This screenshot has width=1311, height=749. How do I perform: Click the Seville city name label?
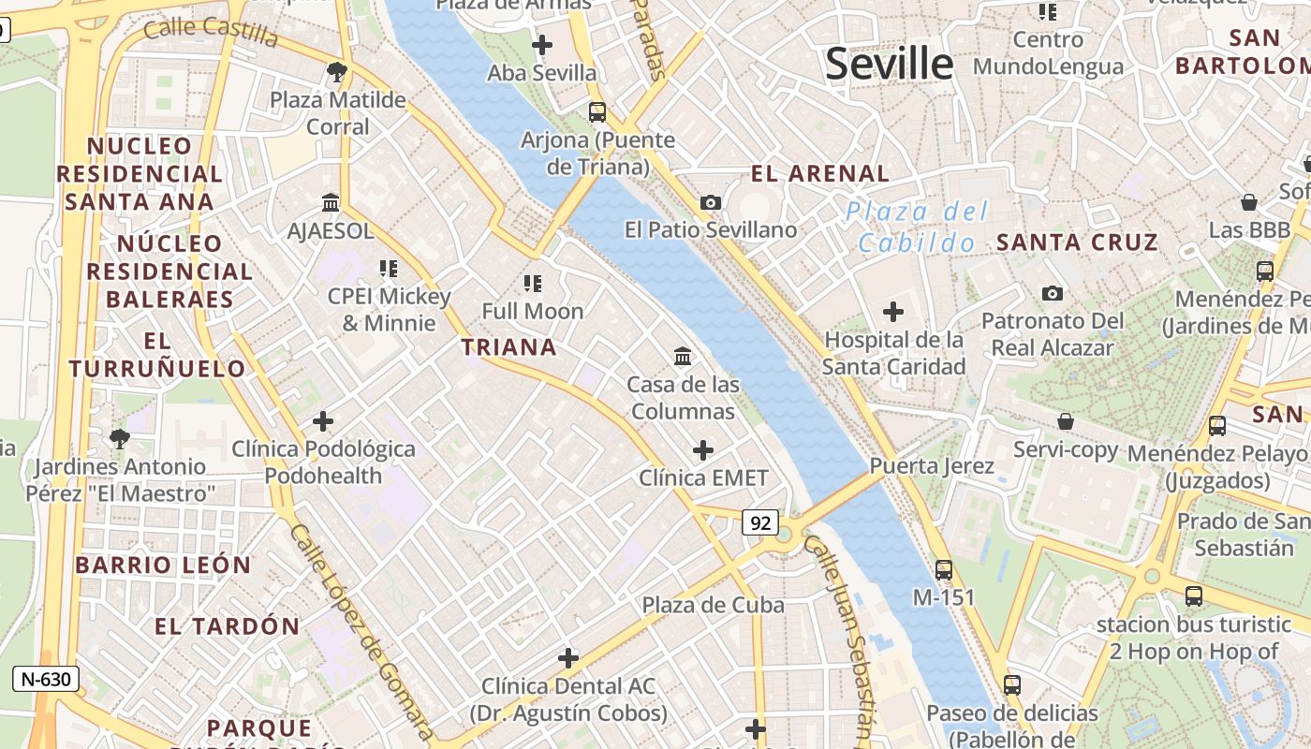click(889, 64)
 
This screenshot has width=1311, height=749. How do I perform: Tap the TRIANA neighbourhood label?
click(508, 347)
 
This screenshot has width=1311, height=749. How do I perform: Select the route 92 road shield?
click(759, 522)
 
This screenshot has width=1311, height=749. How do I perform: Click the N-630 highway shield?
click(45, 679)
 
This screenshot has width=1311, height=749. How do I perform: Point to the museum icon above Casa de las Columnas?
click(683, 356)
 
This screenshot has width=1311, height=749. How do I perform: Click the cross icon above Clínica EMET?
click(702, 450)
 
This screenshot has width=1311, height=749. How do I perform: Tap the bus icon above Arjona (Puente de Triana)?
click(597, 112)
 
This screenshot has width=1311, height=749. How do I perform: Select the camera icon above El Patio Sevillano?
click(711, 202)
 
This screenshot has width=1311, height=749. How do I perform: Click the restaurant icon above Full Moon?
click(533, 283)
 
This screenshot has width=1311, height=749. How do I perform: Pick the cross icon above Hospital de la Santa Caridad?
click(893, 311)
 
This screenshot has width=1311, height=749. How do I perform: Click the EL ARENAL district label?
click(820, 173)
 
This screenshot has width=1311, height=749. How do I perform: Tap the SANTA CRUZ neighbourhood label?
click(1077, 242)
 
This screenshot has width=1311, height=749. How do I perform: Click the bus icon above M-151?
click(944, 569)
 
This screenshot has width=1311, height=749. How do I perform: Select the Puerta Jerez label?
click(932, 465)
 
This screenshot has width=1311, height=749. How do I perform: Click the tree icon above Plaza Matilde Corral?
click(337, 71)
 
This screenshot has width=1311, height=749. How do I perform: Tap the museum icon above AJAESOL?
click(331, 202)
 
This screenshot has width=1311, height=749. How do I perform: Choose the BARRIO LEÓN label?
click(163, 565)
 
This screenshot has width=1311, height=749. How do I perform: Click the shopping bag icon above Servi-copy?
click(1066, 421)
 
